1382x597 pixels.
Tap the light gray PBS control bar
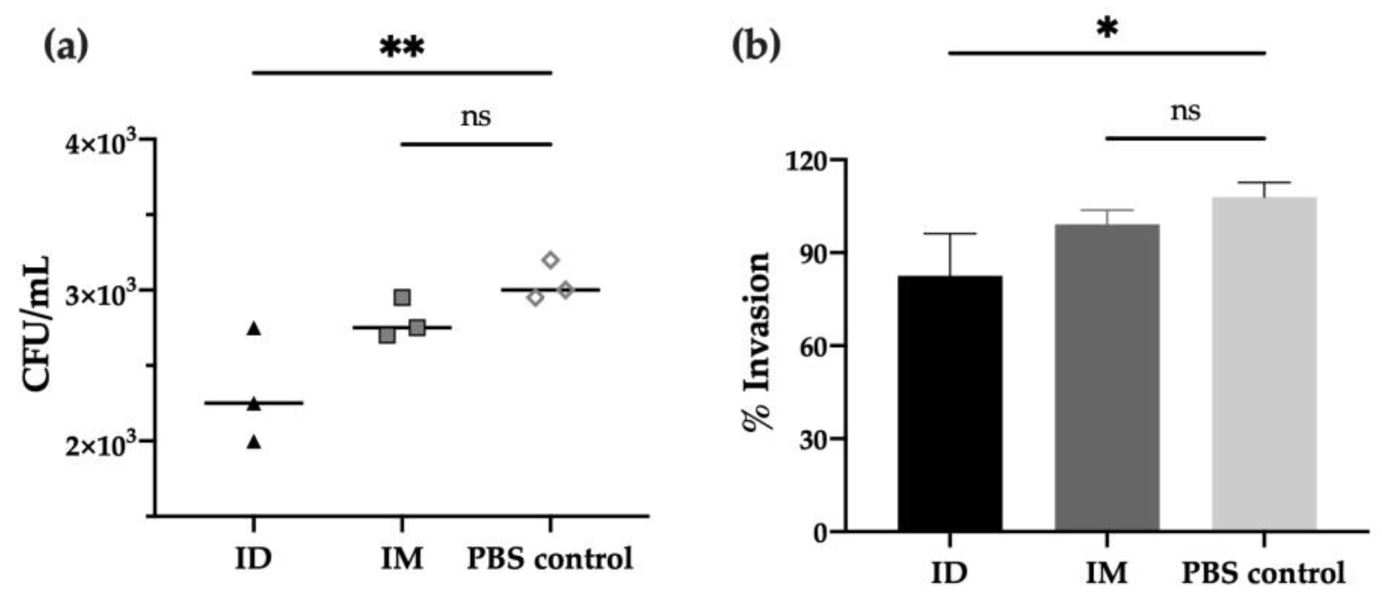coord(1264,365)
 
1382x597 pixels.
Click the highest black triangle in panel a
coord(254,329)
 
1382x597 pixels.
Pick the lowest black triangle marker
coord(254,443)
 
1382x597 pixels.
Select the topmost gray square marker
coord(402,297)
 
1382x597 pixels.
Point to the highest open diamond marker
coord(551,261)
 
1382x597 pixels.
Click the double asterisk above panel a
coord(402,48)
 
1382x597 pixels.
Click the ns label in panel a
coord(476,117)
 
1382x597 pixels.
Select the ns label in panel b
coord(1185,112)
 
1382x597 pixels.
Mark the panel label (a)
coord(65,46)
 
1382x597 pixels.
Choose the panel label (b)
coord(756,46)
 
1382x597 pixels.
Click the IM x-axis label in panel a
coord(402,558)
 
